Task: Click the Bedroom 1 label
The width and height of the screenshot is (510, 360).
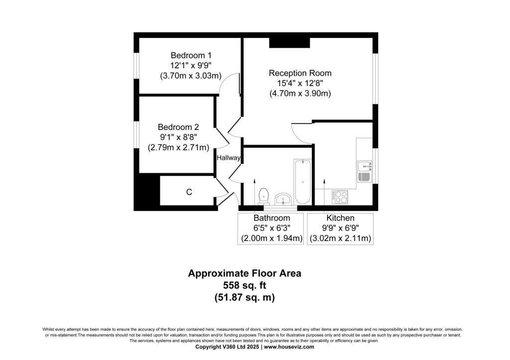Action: pos(191,55)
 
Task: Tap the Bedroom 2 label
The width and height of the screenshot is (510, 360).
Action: pos(178,127)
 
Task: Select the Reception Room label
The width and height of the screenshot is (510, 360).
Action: pos(300,73)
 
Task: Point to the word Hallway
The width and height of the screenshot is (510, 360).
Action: pos(229,158)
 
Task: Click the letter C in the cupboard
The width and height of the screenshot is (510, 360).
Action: pos(189,192)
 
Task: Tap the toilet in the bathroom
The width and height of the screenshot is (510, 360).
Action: pos(263,197)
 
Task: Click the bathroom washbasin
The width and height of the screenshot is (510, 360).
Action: pos(283,199)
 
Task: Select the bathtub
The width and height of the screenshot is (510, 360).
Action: pos(303,181)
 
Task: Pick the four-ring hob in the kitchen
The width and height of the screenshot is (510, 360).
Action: pos(340,197)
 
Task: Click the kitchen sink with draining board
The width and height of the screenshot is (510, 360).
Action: pos(365,171)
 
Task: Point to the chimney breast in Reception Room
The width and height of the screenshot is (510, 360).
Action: pos(289,43)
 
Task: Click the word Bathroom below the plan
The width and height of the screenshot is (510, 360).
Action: pos(271,218)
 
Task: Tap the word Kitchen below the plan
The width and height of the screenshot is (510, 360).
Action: pos(340,218)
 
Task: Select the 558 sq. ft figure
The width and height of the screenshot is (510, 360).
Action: pos(244,285)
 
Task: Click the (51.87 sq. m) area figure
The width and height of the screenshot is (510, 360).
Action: pos(245,298)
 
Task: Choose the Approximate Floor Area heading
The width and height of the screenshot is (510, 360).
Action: pos(245,273)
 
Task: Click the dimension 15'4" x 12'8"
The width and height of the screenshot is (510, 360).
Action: pos(300,83)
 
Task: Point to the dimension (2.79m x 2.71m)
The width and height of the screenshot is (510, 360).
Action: pos(178,147)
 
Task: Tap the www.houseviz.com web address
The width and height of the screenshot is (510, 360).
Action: pos(289,347)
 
